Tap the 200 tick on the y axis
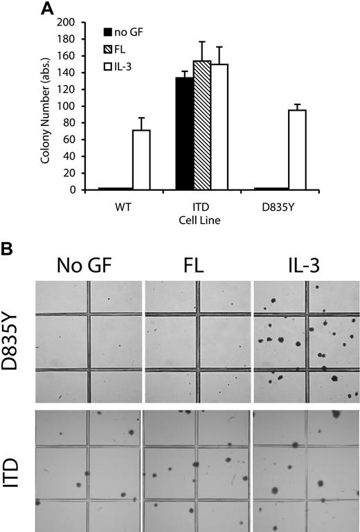[75, 23]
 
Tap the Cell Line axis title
[201, 220]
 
